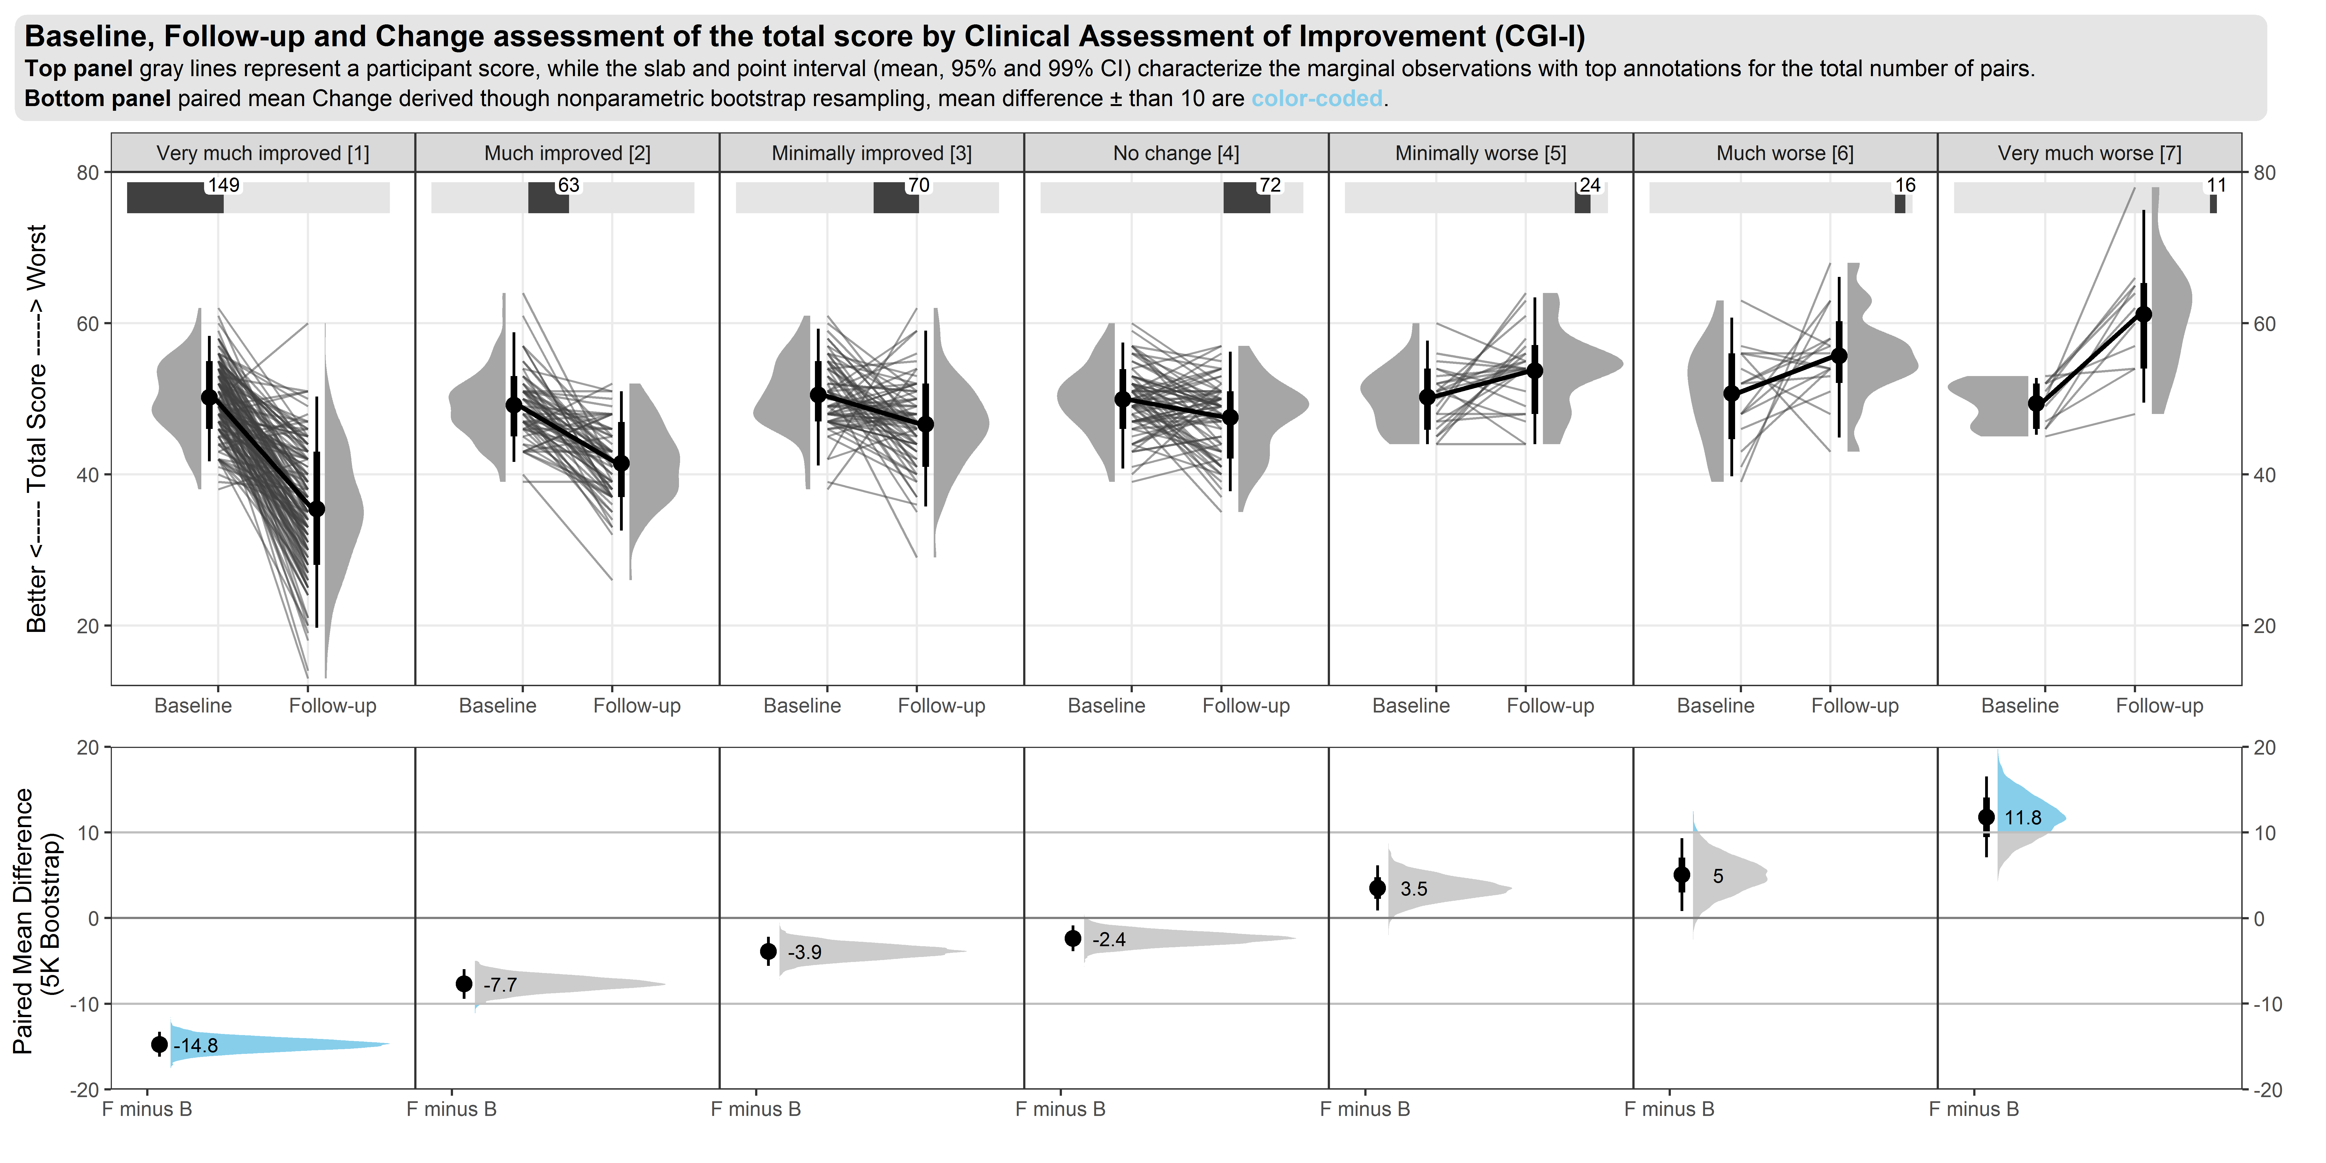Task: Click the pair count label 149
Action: pyautogui.click(x=224, y=185)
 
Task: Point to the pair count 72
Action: pyautogui.click(x=1270, y=185)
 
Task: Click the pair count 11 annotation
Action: pyautogui.click(x=2217, y=185)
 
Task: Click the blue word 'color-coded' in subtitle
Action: pyautogui.click(x=1316, y=98)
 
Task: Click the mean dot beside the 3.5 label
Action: pyautogui.click(x=1377, y=889)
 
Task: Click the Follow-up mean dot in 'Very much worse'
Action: pyautogui.click(x=2144, y=314)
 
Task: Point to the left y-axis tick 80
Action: pyautogui.click(x=88, y=173)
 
